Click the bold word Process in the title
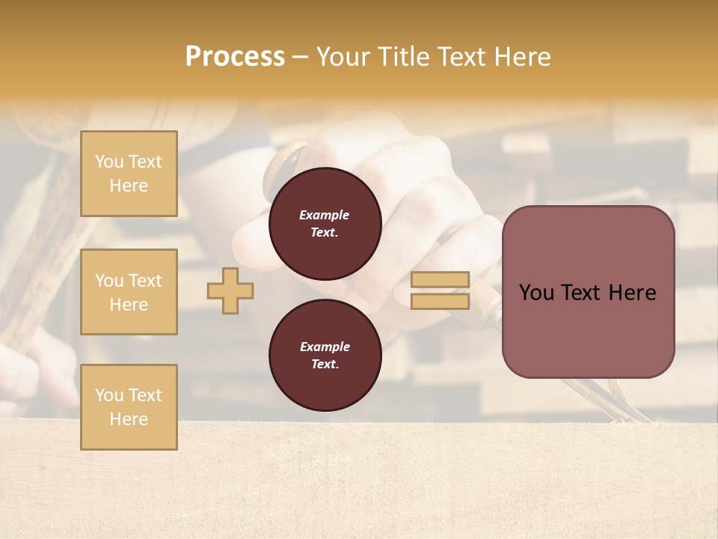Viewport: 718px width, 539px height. [x=235, y=57]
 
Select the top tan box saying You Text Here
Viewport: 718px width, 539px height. [x=129, y=174]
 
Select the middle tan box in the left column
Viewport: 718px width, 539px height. [x=129, y=292]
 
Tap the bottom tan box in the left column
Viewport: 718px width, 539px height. [x=129, y=407]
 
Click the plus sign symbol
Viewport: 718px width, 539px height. [x=230, y=290]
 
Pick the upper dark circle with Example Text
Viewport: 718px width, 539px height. [x=325, y=224]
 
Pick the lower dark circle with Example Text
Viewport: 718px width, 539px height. [x=325, y=355]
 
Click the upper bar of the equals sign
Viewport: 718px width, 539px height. [x=441, y=280]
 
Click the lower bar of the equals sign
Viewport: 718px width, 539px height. [x=441, y=302]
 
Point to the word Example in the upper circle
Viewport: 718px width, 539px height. [x=325, y=215]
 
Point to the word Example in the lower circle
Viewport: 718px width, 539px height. [x=325, y=347]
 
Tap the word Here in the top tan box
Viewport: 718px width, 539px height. [x=129, y=186]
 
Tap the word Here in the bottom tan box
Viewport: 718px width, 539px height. [x=129, y=419]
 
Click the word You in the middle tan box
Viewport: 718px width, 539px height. [x=108, y=281]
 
